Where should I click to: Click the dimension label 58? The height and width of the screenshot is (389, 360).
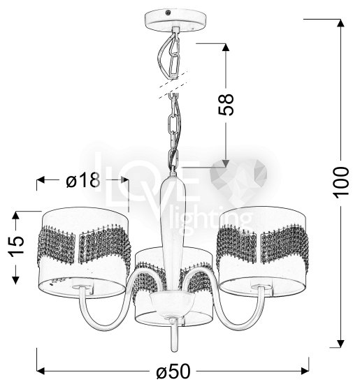click(x=226, y=105)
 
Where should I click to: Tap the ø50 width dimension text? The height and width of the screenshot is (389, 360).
click(x=173, y=371)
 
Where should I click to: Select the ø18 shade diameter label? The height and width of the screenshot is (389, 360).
click(x=83, y=180)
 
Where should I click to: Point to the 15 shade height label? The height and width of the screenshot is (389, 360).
click(x=16, y=245)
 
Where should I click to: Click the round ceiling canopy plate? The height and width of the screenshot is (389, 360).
click(x=175, y=20)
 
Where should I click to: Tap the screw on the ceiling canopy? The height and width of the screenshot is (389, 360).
click(x=168, y=12)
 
